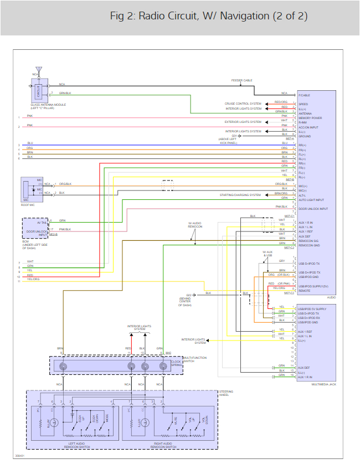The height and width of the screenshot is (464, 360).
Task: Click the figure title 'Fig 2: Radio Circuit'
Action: [208, 16]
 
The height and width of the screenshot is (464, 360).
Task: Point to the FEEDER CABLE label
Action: [242, 80]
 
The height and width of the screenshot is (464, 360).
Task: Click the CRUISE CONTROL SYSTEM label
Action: [243, 104]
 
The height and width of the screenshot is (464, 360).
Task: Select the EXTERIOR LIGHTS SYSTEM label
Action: [243, 122]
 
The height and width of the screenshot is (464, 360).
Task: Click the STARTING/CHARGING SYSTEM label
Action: [240, 195]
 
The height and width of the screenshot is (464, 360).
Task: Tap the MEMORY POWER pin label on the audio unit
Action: [311, 118]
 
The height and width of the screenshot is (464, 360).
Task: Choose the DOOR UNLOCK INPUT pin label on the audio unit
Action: [313, 209]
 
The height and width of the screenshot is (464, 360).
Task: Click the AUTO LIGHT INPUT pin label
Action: [312, 200]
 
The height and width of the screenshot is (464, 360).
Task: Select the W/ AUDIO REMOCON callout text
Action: [194, 225]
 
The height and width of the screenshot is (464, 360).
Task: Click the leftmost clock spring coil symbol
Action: [63, 366]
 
